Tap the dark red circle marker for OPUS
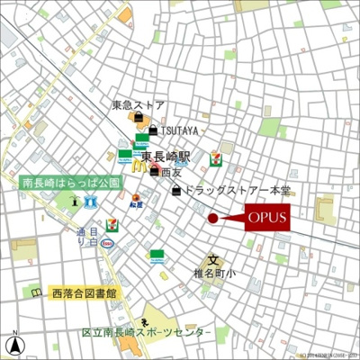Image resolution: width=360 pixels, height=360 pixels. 213,218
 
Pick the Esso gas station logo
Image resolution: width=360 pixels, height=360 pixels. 108,242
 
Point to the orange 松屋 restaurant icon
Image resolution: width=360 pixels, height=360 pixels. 136,199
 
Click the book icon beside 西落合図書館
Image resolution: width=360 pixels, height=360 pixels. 36,293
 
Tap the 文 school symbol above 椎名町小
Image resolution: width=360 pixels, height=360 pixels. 214,259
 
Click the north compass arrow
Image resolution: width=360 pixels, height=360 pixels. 15,343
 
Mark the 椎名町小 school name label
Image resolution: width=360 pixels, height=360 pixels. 213,274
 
